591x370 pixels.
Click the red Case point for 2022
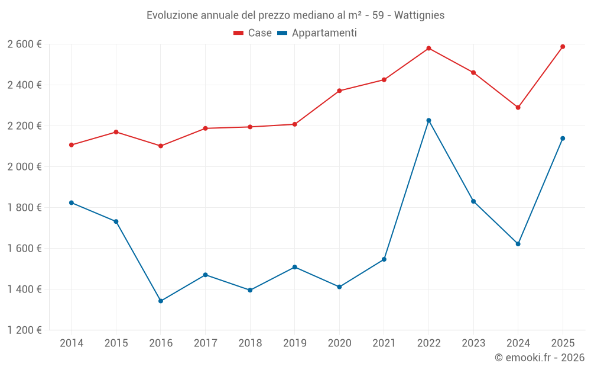click(x=428, y=48)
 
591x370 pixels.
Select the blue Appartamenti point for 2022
click(x=428, y=120)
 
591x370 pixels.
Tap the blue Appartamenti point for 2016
click(x=161, y=301)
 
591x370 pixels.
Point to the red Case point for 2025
click(x=563, y=46)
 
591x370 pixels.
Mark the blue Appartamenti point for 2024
click(x=518, y=244)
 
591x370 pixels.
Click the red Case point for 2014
click(x=72, y=145)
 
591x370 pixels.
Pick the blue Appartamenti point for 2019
click(x=294, y=267)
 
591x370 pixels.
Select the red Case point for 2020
click(x=339, y=91)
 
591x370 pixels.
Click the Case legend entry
click(x=252, y=33)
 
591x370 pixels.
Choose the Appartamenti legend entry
click(x=317, y=33)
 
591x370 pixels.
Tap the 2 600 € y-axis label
click(x=24, y=44)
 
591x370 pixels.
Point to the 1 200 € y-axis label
click(x=24, y=330)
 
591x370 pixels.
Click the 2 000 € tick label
click(x=24, y=167)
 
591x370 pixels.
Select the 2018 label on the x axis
click(x=250, y=343)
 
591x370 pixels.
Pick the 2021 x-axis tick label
click(x=384, y=343)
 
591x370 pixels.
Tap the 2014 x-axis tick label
click(x=72, y=343)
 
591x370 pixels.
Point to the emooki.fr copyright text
click(x=539, y=358)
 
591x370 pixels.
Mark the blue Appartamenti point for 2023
click(x=473, y=201)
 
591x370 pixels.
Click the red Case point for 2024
click(x=518, y=107)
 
